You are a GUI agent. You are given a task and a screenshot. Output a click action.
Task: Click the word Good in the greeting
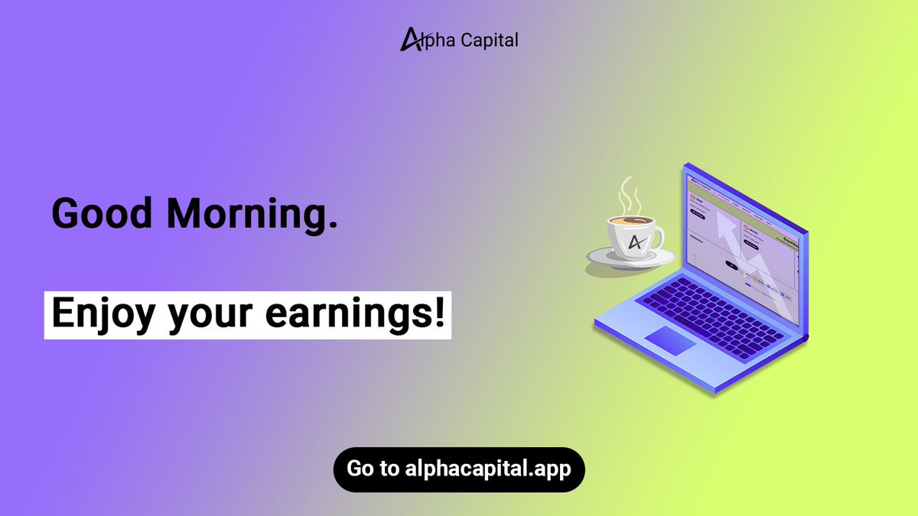(x=100, y=214)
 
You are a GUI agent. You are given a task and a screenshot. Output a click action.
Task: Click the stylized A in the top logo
(x=410, y=39)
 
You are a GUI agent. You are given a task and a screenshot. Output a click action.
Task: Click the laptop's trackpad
(x=670, y=340)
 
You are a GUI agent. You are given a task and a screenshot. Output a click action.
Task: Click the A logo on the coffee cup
(x=635, y=242)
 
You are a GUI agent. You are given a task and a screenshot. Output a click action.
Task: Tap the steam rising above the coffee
(x=630, y=195)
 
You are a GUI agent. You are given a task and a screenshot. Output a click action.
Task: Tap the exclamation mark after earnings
(x=439, y=313)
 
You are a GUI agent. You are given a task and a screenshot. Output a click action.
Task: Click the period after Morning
(x=331, y=226)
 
